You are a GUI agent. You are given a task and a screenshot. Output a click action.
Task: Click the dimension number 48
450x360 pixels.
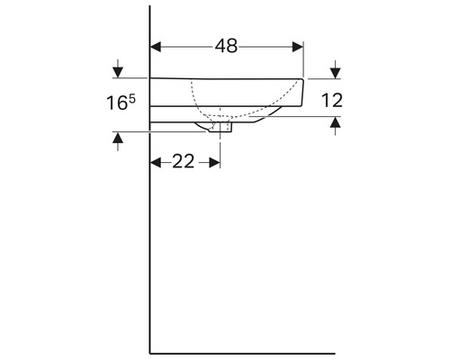click(x=226, y=46)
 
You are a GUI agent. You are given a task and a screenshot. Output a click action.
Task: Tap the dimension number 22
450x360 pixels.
click(x=184, y=161)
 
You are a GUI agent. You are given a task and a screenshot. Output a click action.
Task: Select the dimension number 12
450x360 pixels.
click(x=333, y=100)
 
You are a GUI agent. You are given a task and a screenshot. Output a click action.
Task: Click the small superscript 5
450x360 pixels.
click(x=131, y=94)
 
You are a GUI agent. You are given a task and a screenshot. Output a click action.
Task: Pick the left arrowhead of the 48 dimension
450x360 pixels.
click(x=156, y=46)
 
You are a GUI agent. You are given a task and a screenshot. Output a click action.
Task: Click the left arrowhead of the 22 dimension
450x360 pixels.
click(x=155, y=162)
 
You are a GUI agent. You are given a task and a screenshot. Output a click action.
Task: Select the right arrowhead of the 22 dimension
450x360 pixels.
click(x=214, y=162)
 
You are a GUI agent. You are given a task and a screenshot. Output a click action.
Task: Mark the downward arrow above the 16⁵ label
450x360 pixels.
click(x=117, y=69)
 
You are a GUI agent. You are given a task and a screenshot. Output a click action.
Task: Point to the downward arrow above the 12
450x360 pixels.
click(x=334, y=69)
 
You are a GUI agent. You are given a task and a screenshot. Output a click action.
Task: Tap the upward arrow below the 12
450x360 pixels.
click(x=334, y=126)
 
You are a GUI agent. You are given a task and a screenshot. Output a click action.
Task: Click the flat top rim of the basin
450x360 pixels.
click(x=225, y=78)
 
